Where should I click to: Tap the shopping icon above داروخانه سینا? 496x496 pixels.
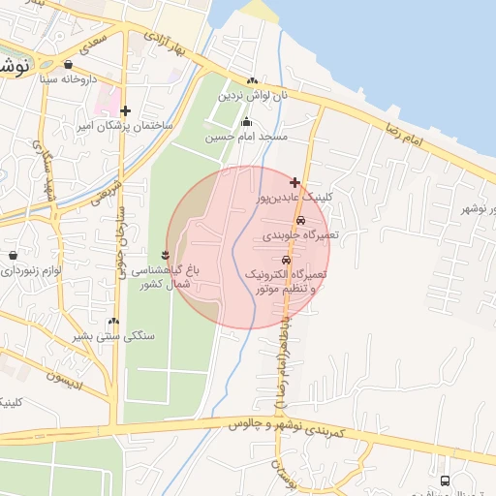pyautogui.click(x=68, y=66)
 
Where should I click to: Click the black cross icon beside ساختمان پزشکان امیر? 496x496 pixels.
pyautogui.click(x=125, y=110)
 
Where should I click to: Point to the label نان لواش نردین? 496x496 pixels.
pyautogui.click(x=252, y=96)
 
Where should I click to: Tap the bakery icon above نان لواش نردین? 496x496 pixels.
pyautogui.click(x=252, y=81)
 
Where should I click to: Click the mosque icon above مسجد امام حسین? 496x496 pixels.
pyautogui.click(x=246, y=122)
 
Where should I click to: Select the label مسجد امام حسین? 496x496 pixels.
pyautogui.click(x=246, y=138)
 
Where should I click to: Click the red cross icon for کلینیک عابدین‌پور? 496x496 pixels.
pyautogui.click(x=294, y=181)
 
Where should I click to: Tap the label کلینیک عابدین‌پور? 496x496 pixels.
pyautogui.click(x=293, y=197)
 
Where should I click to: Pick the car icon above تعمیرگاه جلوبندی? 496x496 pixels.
pyautogui.click(x=300, y=220)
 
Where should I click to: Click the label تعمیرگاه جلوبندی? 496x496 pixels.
pyautogui.click(x=299, y=235)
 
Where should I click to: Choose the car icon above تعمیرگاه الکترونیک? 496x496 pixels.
pyautogui.click(x=286, y=260)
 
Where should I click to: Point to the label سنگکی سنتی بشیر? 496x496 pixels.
pyautogui.click(x=113, y=337)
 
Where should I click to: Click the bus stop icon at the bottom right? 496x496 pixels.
pyautogui.click(x=445, y=480)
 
